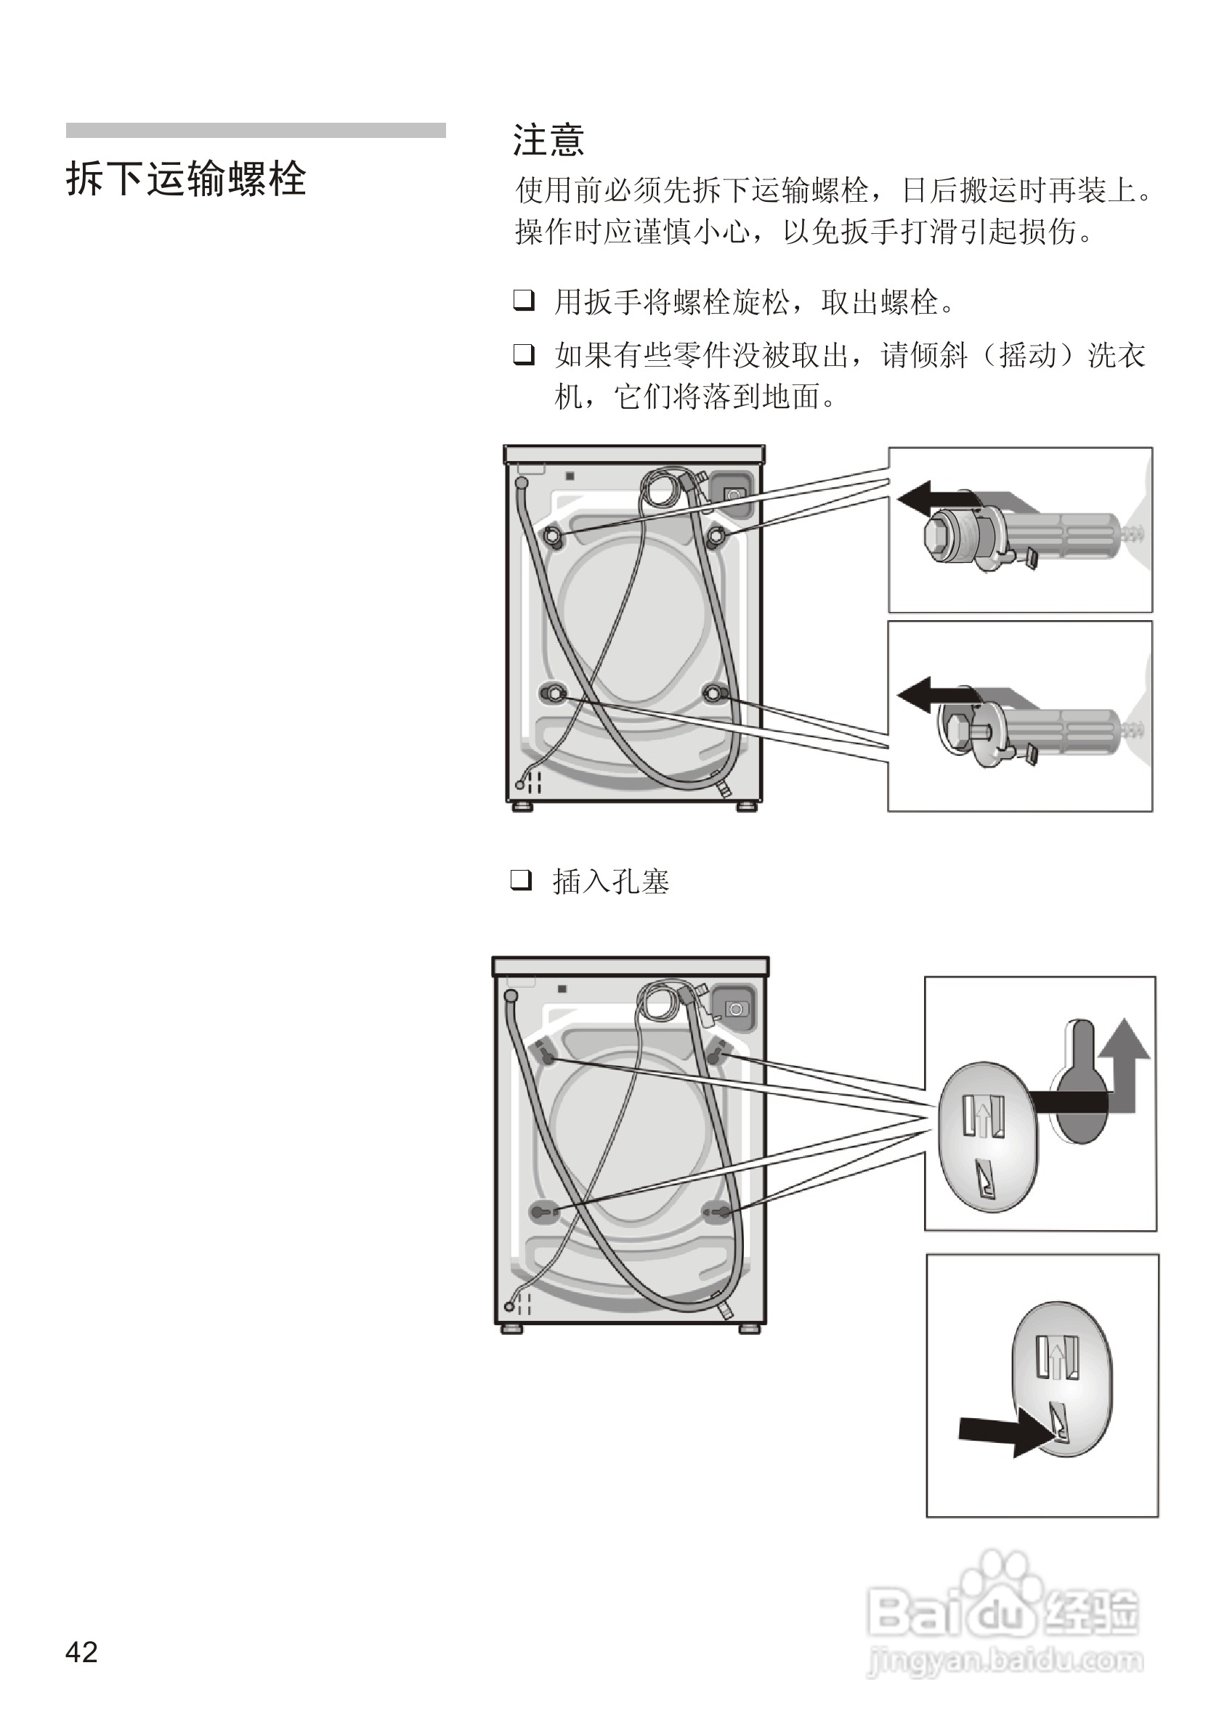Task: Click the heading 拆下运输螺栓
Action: tap(186, 179)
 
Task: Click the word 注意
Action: tap(548, 141)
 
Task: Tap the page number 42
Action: tap(81, 1651)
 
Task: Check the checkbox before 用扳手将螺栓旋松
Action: tap(524, 301)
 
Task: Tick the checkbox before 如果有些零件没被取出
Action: tap(524, 353)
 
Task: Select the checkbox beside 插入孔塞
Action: tap(522, 879)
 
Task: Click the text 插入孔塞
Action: tap(611, 881)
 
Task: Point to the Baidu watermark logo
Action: tap(1002, 1611)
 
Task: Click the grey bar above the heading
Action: tap(256, 130)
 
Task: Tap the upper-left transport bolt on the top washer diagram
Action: tap(553, 534)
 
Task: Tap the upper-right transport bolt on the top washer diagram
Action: tap(716, 534)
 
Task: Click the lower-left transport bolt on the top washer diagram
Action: tap(553, 692)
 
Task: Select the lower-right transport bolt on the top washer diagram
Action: tap(714, 692)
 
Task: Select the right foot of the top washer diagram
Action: tap(747, 807)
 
